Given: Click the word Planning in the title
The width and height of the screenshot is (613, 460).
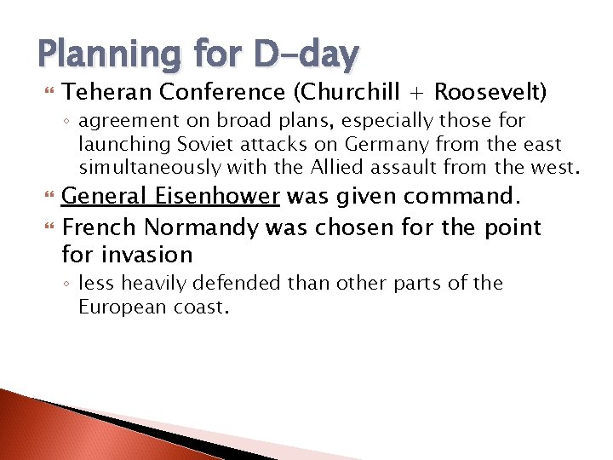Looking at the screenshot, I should (106, 55).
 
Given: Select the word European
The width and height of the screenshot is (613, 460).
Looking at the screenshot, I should (117, 307).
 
